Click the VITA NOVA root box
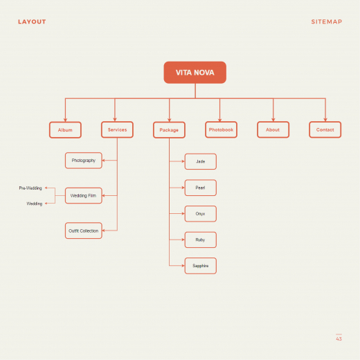click(x=195, y=73)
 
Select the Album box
click(x=65, y=130)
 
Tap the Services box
click(x=117, y=129)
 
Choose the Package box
click(x=169, y=130)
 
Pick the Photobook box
click(x=221, y=129)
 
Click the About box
click(x=273, y=129)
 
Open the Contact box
click(x=325, y=129)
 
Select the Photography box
click(x=84, y=161)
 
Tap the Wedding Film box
click(x=84, y=196)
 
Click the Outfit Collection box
click(x=84, y=231)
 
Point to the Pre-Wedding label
click(x=30, y=188)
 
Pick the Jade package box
click(x=201, y=161)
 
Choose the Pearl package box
click(x=201, y=188)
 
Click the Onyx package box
click(x=201, y=214)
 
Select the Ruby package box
click(x=201, y=240)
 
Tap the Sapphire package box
click(x=201, y=266)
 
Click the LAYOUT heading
click(x=32, y=21)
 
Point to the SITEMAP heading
click(x=327, y=21)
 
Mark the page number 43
click(x=339, y=339)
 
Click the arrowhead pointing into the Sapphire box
click(x=183, y=266)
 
